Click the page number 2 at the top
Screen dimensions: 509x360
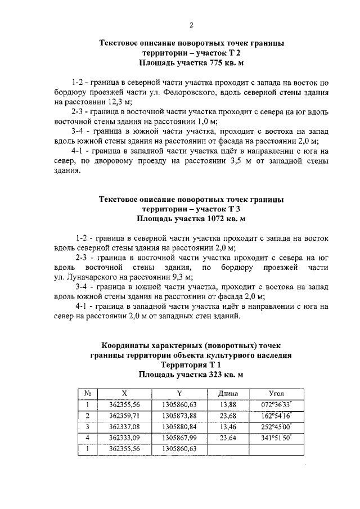(191, 25)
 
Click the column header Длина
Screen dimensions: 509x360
(228, 394)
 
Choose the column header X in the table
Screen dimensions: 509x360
(124, 394)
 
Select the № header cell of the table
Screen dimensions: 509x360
(88, 394)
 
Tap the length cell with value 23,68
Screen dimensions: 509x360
(228, 416)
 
